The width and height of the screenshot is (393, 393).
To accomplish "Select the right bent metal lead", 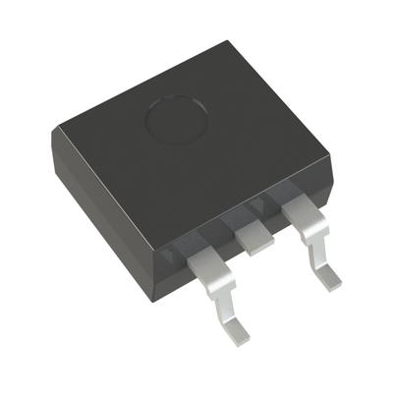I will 312,241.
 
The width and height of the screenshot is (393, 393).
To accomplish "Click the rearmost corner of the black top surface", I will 227,41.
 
